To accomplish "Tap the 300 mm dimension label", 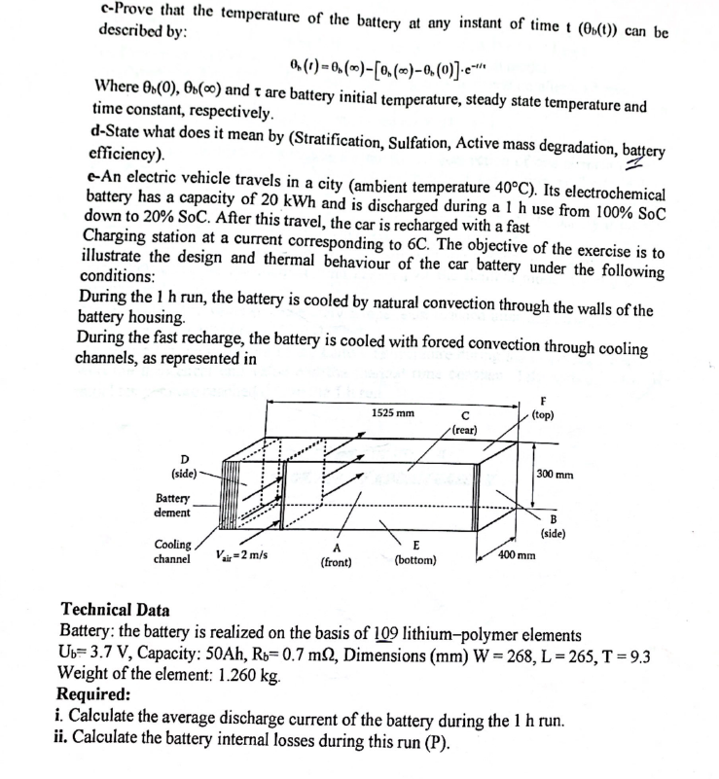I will click(x=555, y=476).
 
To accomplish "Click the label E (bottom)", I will click(x=415, y=553).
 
